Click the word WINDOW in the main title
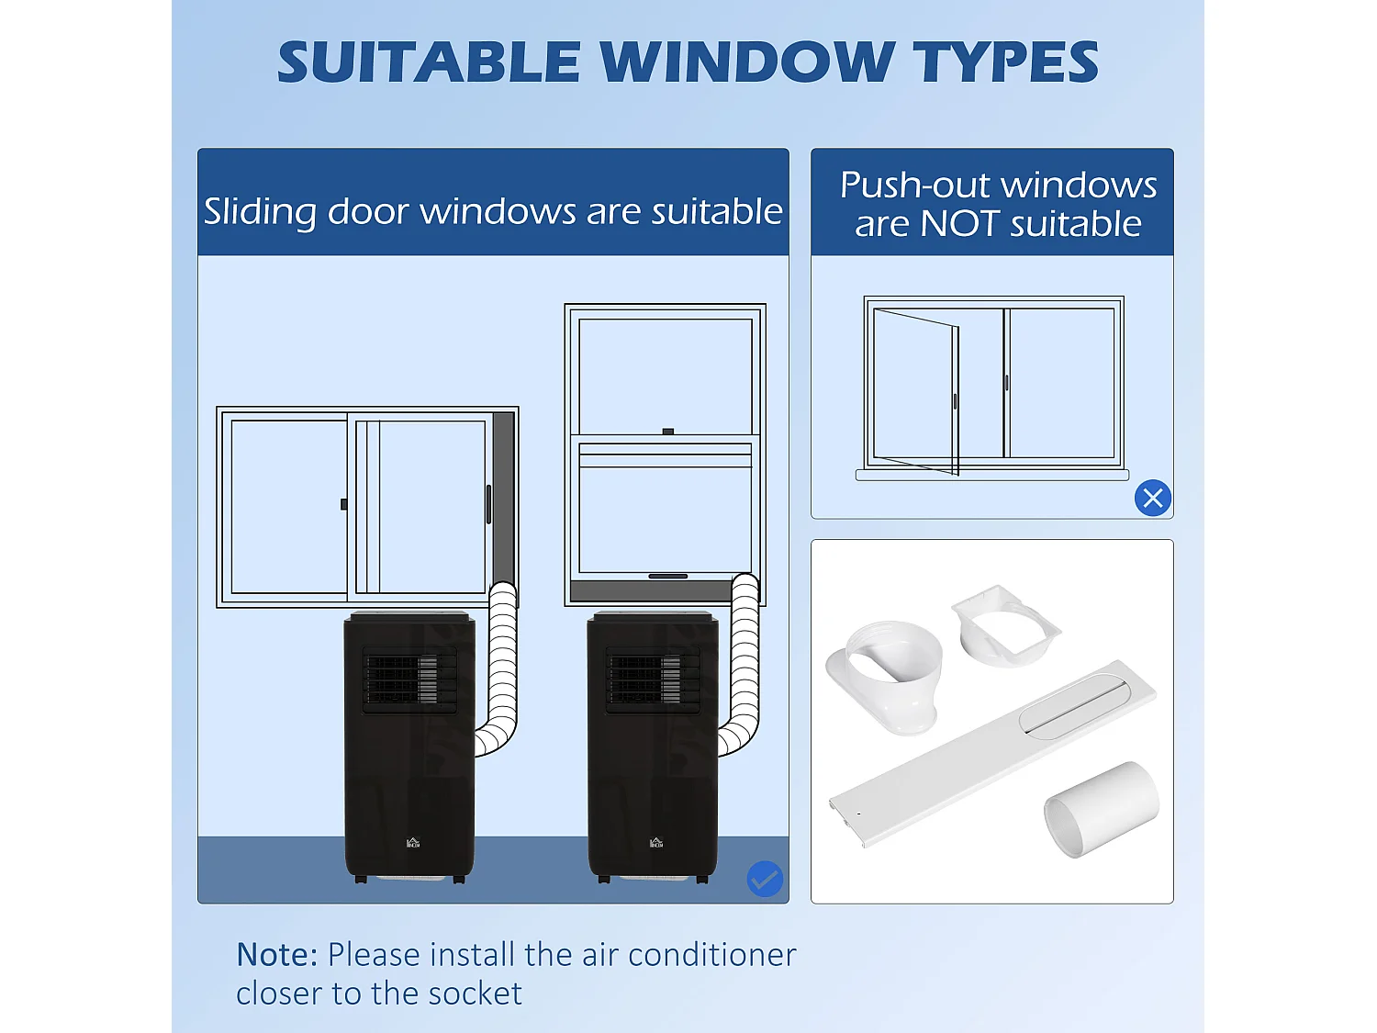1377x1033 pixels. (x=746, y=62)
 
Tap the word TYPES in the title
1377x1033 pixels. (x=1005, y=62)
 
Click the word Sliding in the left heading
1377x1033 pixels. (x=260, y=212)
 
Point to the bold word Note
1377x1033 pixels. (x=277, y=955)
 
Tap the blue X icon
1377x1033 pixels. (x=1153, y=498)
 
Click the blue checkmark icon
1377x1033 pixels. (x=765, y=879)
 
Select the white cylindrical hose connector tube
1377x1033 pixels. (x=1101, y=808)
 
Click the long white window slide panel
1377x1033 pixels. (x=993, y=752)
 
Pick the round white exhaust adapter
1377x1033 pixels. (x=886, y=678)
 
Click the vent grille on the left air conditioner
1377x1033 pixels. (x=409, y=680)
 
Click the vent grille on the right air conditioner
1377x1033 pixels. (x=653, y=680)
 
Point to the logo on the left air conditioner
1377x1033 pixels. (x=413, y=842)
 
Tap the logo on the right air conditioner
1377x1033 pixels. (x=656, y=842)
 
